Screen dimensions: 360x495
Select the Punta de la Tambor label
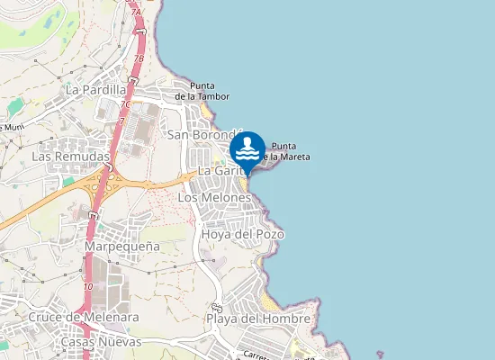[x=202, y=92]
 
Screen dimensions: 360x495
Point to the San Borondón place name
[x=205, y=135]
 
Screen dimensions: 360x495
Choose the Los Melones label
[x=215, y=197]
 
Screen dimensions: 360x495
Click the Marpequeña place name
[x=122, y=246]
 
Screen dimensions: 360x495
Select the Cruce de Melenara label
[x=71, y=317]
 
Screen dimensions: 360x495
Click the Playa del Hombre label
[x=258, y=319]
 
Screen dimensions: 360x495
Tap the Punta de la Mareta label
[x=291, y=151]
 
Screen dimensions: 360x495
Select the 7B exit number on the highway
[x=139, y=59]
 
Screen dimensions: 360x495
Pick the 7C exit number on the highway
[x=125, y=104]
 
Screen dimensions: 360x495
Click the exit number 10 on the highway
[x=87, y=286]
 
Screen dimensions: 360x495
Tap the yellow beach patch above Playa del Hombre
[x=269, y=299]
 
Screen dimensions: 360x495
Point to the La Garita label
[x=217, y=170]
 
